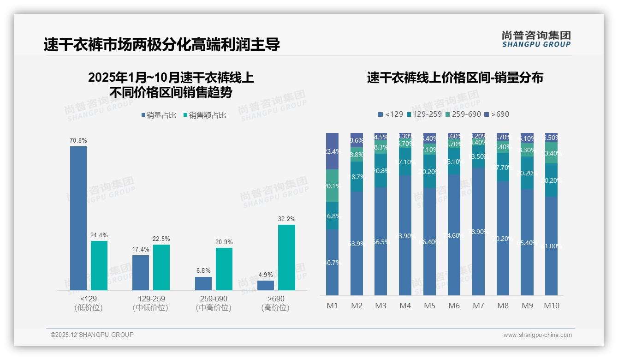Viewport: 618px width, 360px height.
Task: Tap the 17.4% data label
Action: pyautogui.click(x=140, y=249)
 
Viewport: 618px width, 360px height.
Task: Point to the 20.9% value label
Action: pyautogui.click(x=224, y=242)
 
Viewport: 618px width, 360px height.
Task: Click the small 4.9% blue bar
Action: pyautogui.click(x=266, y=285)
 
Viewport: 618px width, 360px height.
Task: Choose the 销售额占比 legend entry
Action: pyautogui.click(x=204, y=115)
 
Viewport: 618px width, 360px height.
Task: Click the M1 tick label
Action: pyautogui.click(x=332, y=306)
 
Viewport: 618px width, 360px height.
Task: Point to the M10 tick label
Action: pyautogui.click(x=551, y=306)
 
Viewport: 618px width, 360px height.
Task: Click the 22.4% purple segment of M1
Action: pyautogui.click(x=332, y=151)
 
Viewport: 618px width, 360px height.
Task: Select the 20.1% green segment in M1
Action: pyautogui.click(x=332, y=186)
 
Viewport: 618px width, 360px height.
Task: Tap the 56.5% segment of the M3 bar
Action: pyautogui.click(x=381, y=241)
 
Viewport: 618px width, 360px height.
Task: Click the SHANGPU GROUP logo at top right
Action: pyautogui.click(x=536, y=39)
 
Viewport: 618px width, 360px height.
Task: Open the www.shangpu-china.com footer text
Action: pyautogui.click(x=537, y=335)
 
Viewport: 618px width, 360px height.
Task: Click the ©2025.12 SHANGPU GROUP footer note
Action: pyautogui.click(x=92, y=335)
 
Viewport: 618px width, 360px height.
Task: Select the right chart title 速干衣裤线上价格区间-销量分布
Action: pyautogui.click(x=455, y=78)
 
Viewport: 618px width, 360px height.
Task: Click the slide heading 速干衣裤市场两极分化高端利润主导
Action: pyautogui.click(x=161, y=45)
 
